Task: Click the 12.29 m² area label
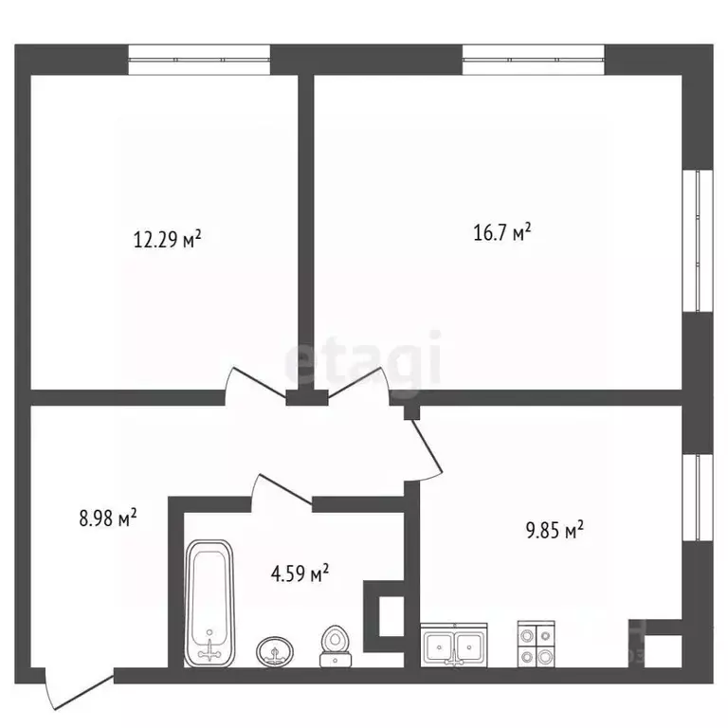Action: click(167, 239)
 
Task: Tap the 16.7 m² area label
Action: click(501, 232)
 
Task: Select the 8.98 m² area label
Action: click(108, 518)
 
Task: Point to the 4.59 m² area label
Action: click(300, 573)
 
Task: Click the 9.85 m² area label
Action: click(555, 530)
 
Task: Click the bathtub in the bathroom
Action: click(209, 603)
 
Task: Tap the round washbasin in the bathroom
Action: click(274, 651)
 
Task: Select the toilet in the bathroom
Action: click(336, 646)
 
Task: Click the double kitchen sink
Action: click(454, 645)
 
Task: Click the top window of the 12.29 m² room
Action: click(199, 60)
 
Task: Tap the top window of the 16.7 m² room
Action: click(534, 60)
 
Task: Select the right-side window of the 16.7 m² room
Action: click(698, 241)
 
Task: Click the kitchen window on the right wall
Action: click(698, 498)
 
